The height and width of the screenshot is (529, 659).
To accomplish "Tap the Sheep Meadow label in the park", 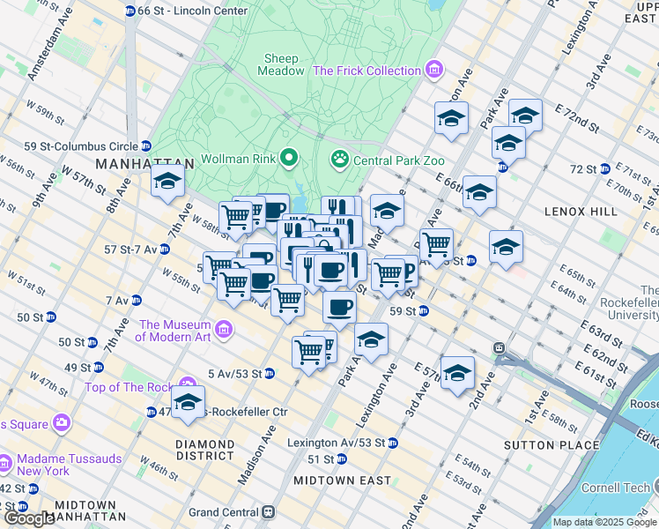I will click(282, 64).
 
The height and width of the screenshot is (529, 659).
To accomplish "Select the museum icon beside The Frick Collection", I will click(433, 70).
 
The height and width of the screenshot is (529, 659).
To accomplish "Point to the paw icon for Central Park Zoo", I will click(339, 160).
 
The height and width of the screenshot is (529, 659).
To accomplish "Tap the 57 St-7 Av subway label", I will click(130, 250).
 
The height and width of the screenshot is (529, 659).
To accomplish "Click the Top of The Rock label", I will click(130, 388).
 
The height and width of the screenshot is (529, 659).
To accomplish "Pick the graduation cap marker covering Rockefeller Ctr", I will click(188, 402).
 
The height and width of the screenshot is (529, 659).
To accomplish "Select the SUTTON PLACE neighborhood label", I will click(551, 445).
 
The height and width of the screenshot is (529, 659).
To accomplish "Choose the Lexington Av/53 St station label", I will click(336, 443).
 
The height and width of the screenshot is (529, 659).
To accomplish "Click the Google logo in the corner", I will click(28, 518).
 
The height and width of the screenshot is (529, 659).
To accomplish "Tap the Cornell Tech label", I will click(616, 488).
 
